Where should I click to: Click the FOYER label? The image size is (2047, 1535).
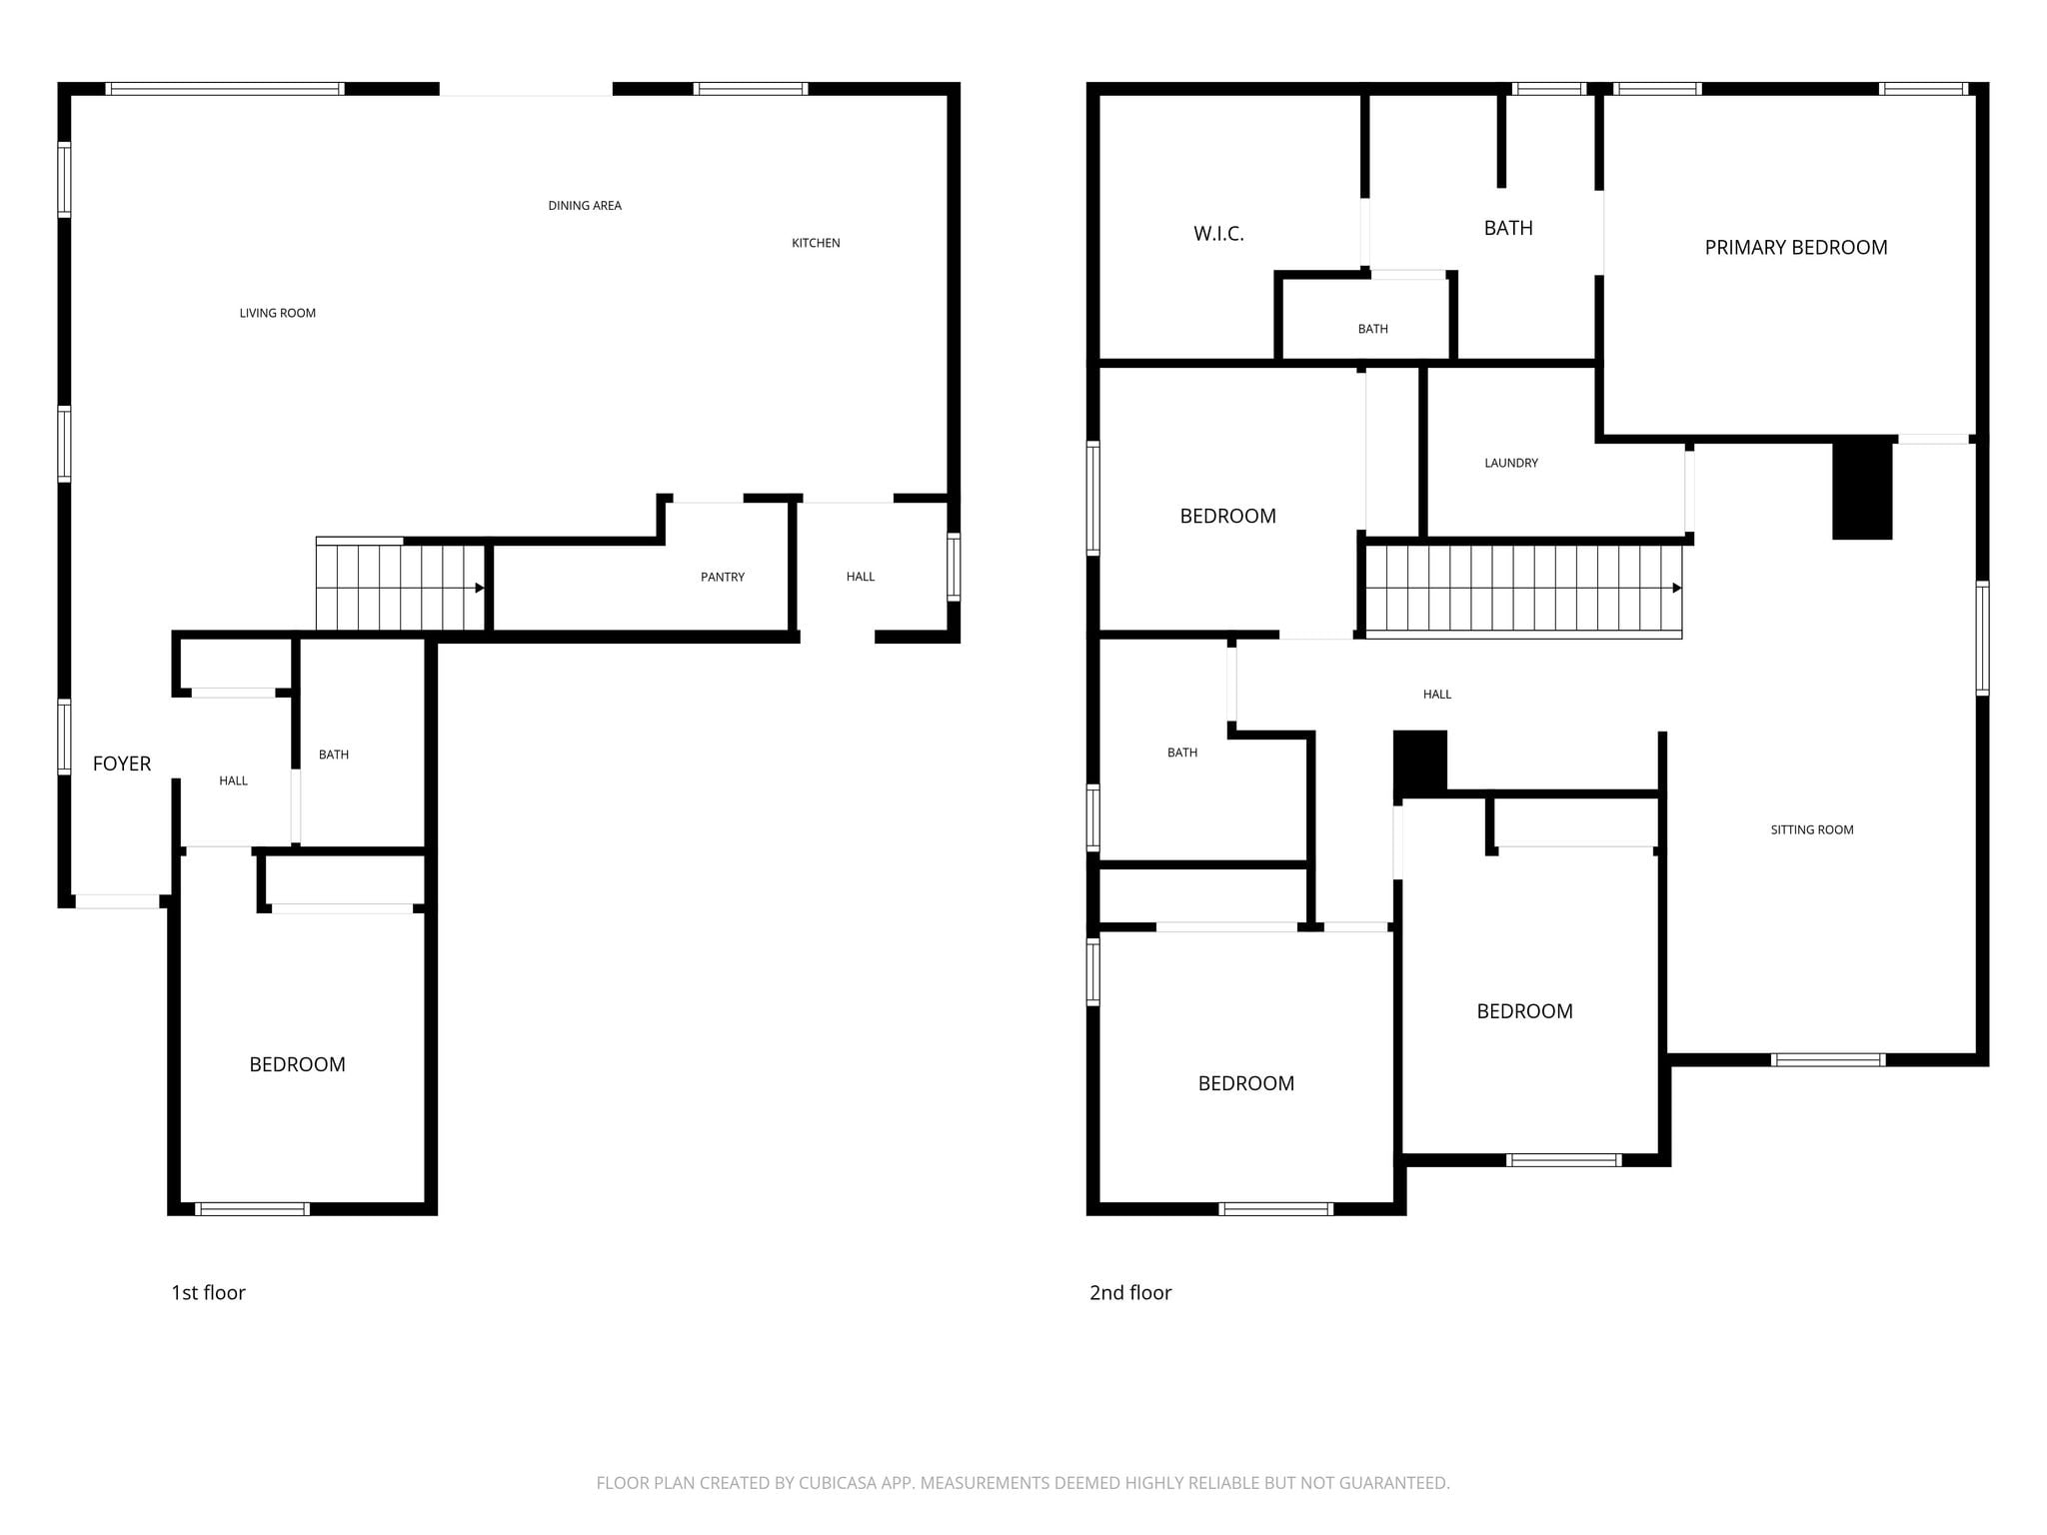[122, 764]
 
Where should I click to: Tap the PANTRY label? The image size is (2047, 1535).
[723, 577]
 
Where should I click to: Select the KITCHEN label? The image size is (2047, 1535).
[816, 243]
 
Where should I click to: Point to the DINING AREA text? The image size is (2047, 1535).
[585, 206]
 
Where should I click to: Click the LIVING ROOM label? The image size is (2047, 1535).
[278, 313]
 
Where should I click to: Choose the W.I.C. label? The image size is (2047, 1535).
[1218, 234]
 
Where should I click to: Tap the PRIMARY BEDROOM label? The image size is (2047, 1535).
[1796, 248]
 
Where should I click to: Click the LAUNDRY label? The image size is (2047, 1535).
[1511, 463]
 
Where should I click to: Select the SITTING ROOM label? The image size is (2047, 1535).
[1812, 829]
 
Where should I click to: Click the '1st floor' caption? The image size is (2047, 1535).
[208, 1292]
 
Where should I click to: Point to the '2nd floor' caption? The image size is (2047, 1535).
[1130, 1292]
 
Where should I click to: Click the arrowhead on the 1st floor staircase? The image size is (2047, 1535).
[480, 588]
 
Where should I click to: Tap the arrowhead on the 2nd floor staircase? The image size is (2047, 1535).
[1677, 588]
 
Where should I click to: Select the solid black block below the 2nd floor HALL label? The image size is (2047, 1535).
[1420, 764]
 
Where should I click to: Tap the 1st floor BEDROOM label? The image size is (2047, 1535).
[298, 1064]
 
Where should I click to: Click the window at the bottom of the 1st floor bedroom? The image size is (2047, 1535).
[252, 1209]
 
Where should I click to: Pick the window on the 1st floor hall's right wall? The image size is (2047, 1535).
[954, 567]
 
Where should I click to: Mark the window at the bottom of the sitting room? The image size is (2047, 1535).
[1828, 1060]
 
